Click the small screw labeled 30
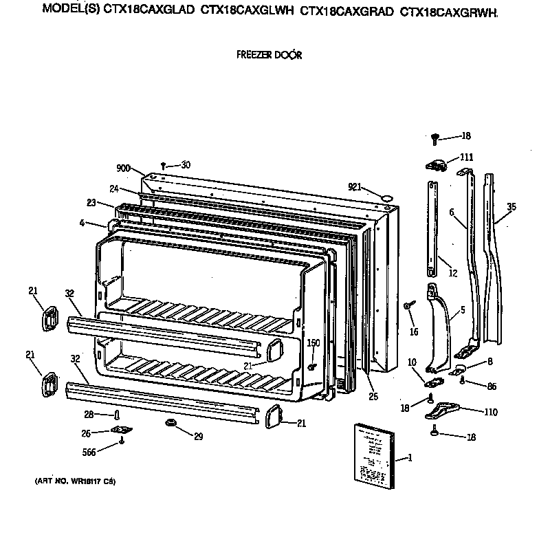coord(164,165)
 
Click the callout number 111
coord(467,157)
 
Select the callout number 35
coord(510,206)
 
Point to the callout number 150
coord(313,343)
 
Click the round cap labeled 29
coord(168,422)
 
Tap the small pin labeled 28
coord(118,414)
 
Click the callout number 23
coord(90,203)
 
